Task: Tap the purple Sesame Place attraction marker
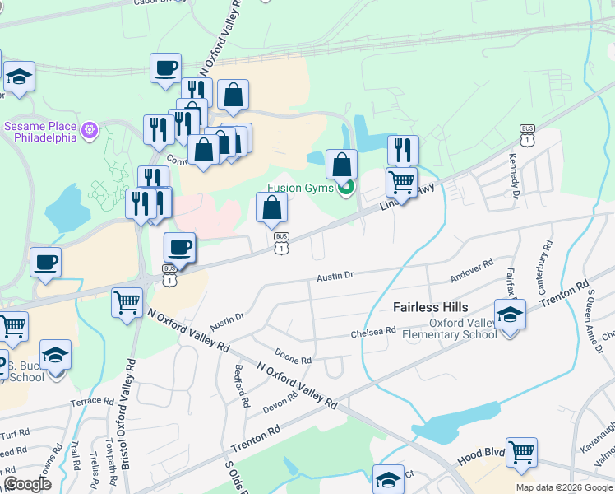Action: (x=90, y=129)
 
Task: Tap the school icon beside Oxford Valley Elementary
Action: (x=510, y=315)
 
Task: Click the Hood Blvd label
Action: (x=476, y=454)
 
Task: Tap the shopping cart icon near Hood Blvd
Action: (x=521, y=452)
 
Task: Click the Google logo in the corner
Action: (x=27, y=484)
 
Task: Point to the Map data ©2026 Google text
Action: (x=564, y=487)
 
